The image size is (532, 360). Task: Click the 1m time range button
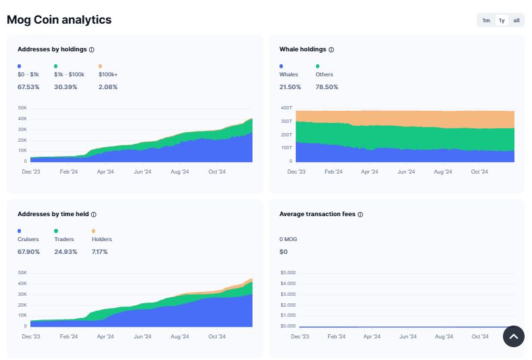(486, 20)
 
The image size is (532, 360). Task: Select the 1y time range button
(502, 20)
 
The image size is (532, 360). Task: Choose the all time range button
(516, 20)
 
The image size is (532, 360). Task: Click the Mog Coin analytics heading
(59, 20)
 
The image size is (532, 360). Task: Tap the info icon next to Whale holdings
(331, 49)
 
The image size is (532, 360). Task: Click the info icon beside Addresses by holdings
(92, 49)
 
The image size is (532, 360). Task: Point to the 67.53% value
(28, 87)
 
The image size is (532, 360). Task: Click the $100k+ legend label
(108, 74)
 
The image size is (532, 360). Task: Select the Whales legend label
(288, 74)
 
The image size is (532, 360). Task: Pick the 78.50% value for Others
(327, 87)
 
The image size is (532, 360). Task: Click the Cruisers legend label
(28, 239)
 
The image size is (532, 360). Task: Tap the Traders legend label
(64, 239)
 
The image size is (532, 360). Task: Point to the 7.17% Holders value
(99, 252)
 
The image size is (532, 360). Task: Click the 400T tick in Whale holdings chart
(286, 108)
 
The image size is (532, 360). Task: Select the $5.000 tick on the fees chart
(288, 273)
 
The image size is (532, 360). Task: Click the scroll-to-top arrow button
(513, 336)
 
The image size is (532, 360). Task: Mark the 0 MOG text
(289, 239)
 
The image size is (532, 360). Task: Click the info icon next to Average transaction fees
(360, 214)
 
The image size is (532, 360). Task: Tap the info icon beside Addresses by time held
(93, 214)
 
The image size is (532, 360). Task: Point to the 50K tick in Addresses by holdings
(22, 108)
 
